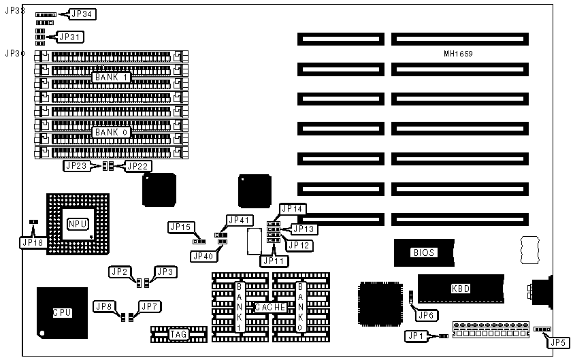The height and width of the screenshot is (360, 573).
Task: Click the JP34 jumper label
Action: [84, 14]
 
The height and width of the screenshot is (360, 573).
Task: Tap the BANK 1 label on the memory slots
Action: [111, 78]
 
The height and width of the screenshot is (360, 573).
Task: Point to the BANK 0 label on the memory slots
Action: [111, 131]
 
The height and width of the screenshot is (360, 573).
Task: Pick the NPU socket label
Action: [77, 224]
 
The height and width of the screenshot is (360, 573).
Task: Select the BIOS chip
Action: [423, 252]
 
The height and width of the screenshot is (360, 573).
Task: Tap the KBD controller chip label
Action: [460, 288]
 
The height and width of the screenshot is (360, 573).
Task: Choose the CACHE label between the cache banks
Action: [269, 308]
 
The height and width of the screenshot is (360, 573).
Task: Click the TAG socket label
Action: [178, 333]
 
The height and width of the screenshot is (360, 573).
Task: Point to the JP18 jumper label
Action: [32, 242]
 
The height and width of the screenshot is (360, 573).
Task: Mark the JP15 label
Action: [180, 226]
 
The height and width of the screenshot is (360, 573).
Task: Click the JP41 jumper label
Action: [240, 220]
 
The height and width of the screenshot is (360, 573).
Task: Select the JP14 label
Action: [293, 209]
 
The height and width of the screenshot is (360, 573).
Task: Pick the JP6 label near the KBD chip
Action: [426, 314]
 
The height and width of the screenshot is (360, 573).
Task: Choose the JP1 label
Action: [415, 335]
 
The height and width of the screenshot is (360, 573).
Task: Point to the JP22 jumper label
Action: [138, 165]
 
